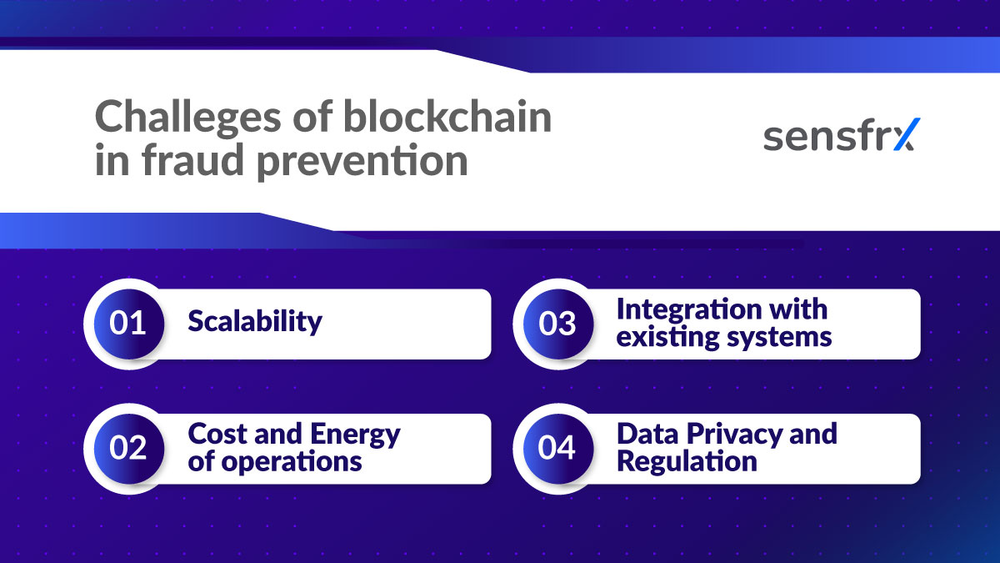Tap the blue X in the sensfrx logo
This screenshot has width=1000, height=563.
903,135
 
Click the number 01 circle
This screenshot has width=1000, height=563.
127,324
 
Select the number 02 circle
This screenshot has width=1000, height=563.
127,449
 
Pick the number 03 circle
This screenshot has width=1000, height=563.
556,324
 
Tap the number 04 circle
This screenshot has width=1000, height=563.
556,449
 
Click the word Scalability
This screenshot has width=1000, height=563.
254,322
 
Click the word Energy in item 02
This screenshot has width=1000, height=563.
355,435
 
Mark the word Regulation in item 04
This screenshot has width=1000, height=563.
687,461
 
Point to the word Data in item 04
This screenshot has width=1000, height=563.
647,435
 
